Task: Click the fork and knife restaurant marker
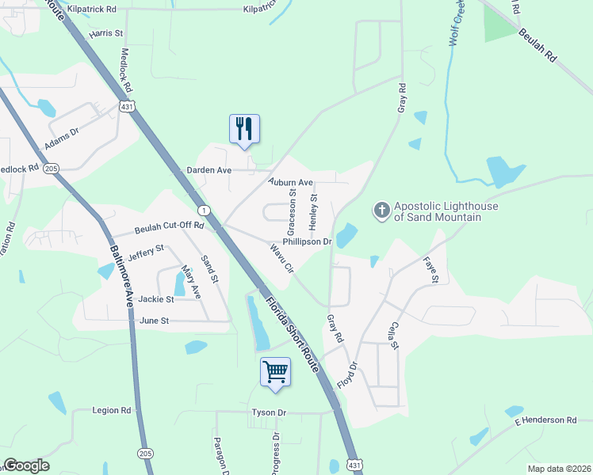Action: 244,129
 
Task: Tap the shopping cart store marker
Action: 275,371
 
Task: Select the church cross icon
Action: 381,210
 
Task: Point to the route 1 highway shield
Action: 204,210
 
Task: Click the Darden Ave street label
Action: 209,170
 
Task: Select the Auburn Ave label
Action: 291,182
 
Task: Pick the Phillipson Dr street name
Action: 306,242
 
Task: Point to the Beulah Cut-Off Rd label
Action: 170,227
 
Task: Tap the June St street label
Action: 155,321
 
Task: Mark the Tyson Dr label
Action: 269,412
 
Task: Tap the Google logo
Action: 26,465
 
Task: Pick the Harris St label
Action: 106,34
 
